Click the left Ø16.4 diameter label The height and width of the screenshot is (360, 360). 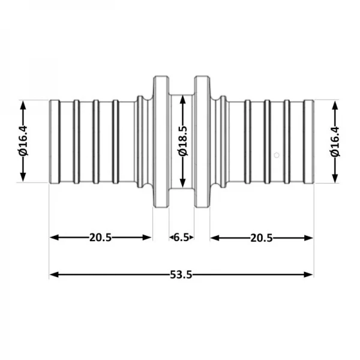23,141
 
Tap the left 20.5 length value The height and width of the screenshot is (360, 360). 100,238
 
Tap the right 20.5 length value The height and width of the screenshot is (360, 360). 262,238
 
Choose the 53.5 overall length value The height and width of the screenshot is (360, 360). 181,275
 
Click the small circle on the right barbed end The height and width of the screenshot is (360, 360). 275,155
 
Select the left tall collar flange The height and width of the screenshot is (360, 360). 160,142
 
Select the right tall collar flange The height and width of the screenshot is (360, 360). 202,142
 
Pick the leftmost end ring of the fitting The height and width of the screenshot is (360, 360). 54,142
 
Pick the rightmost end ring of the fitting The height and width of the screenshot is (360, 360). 309,142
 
